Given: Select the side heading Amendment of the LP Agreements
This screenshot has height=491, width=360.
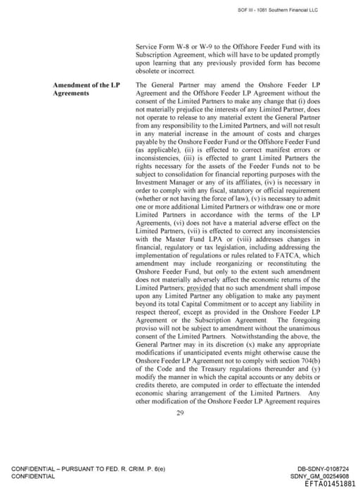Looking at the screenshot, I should point(86,89).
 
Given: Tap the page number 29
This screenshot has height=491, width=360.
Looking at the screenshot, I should point(180,412).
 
